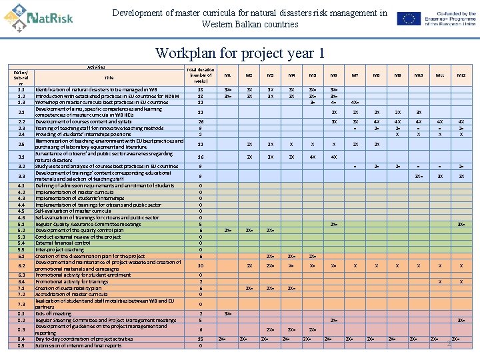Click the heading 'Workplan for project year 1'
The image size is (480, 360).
pyautogui.click(x=240, y=53)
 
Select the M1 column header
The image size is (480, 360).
pyautogui.click(x=228, y=75)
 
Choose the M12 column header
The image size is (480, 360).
pyautogui.click(x=461, y=75)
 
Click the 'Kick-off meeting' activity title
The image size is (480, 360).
pyautogui.click(x=53, y=313)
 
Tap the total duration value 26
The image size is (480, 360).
pyautogui.click(x=201, y=122)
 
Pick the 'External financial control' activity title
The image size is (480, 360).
pyautogui.click(x=63, y=243)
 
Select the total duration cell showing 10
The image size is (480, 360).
pyautogui.click(x=201, y=265)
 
